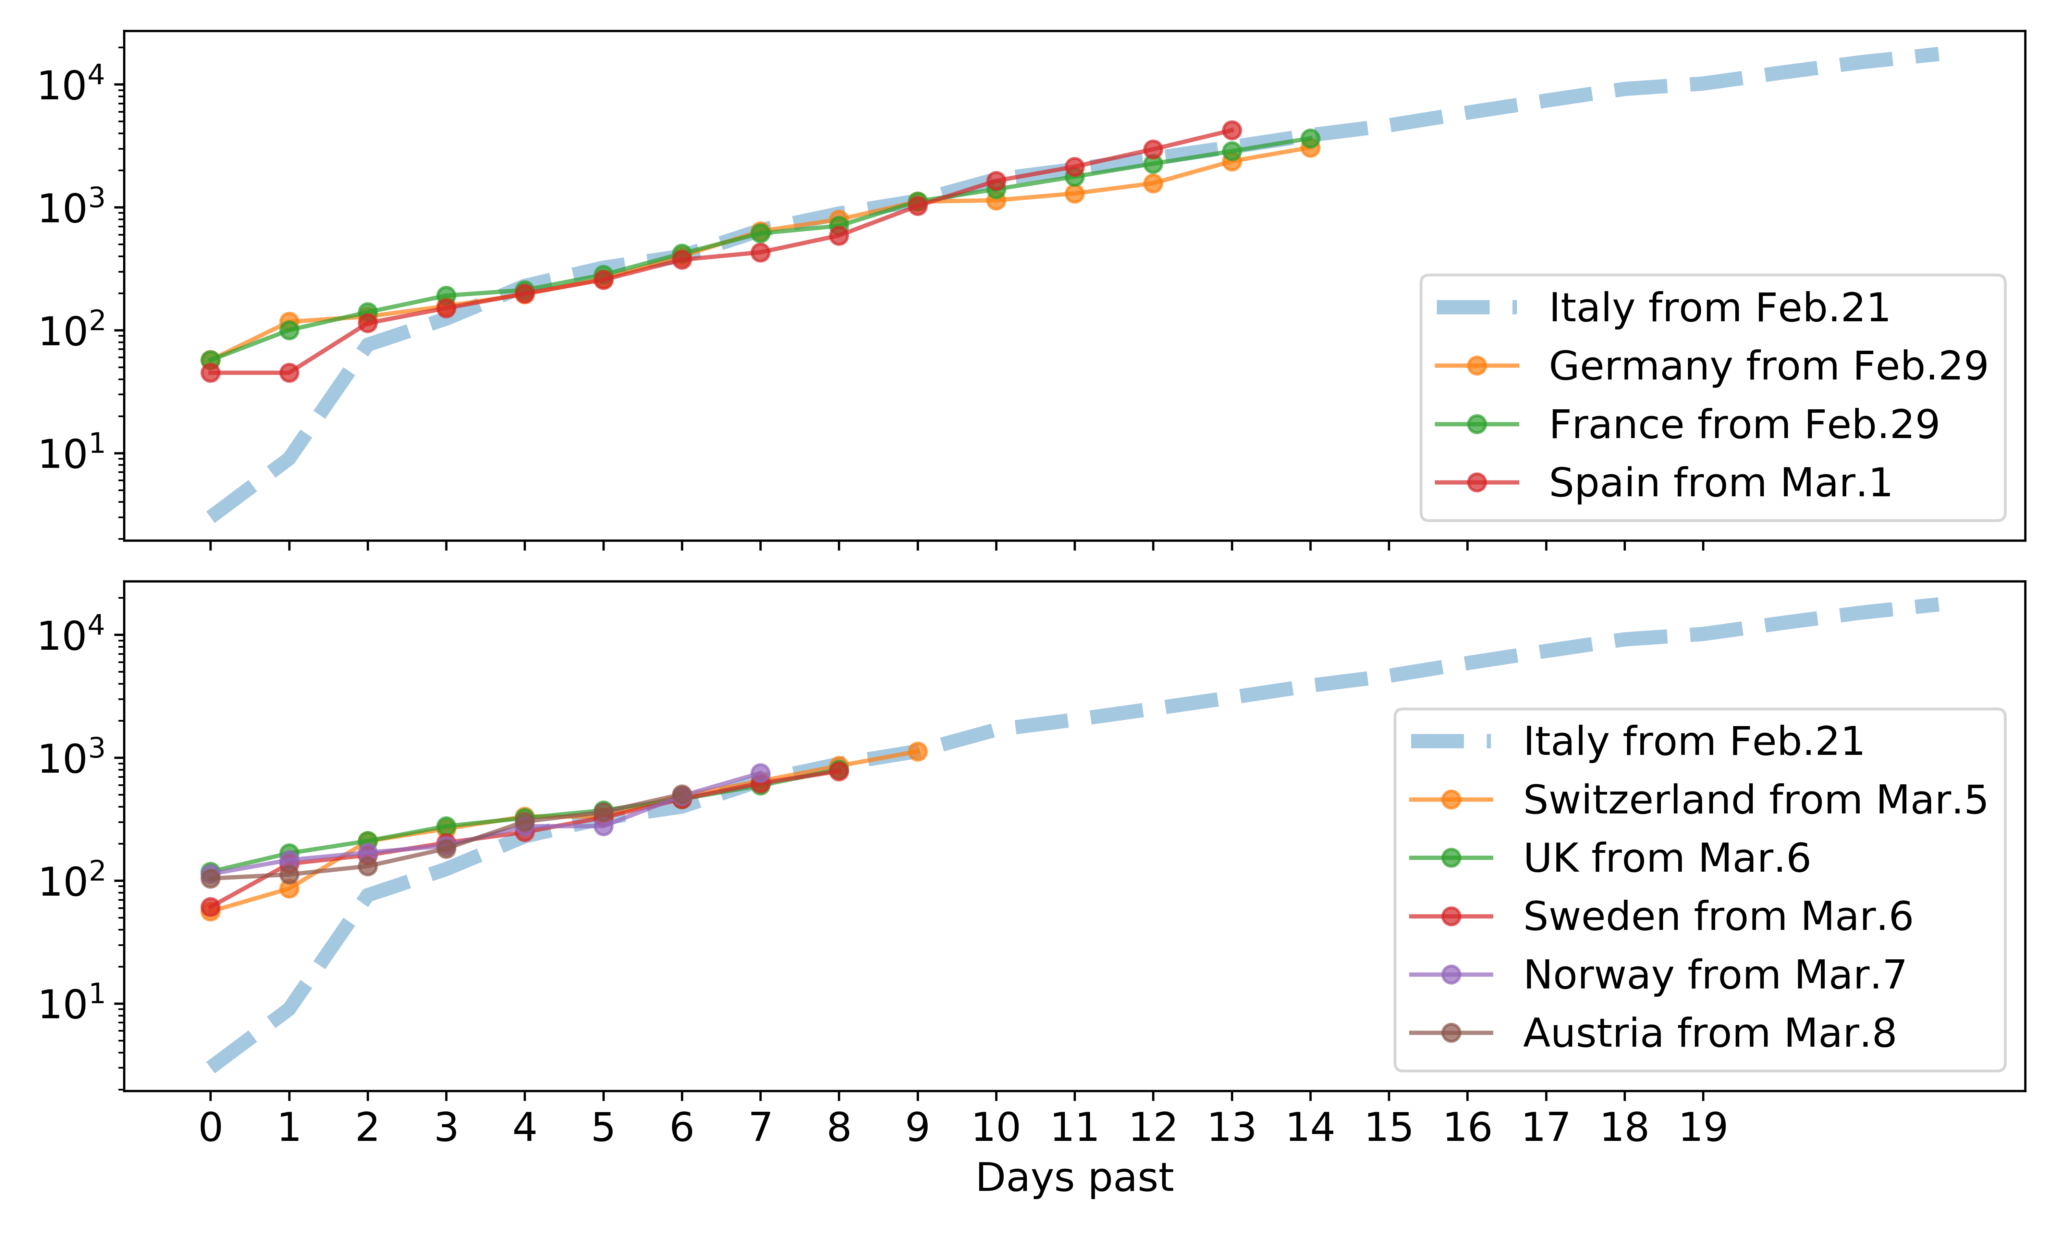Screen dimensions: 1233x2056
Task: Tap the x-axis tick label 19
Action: [x=1703, y=1128]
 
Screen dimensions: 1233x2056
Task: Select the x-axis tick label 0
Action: [x=210, y=1128]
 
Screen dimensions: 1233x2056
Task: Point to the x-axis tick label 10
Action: [x=995, y=1128]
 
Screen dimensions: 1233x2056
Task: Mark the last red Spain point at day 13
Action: [x=1232, y=130]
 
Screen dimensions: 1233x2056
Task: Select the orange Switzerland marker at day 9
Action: [x=917, y=751]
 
